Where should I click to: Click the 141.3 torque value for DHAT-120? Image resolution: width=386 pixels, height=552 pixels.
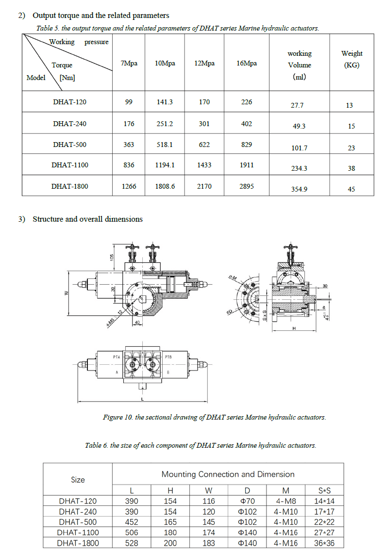point(165,102)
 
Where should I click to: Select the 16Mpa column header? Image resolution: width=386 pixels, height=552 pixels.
point(247,64)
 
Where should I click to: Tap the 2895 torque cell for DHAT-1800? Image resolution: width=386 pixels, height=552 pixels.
point(247,186)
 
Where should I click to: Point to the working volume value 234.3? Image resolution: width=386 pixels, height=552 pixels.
point(299,168)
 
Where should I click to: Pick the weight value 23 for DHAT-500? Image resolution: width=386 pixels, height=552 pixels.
point(351,147)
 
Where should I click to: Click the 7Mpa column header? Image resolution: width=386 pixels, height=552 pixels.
point(129,64)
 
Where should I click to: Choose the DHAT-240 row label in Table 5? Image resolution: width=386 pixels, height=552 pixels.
point(70,124)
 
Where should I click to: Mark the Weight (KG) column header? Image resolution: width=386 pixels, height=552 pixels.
point(352,59)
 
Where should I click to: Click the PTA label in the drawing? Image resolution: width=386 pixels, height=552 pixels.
point(117,357)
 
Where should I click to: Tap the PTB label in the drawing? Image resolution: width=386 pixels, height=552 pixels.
point(168,357)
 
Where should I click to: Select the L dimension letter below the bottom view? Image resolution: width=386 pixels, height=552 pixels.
point(142,398)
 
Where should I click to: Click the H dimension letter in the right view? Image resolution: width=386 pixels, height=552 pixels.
point(294,328)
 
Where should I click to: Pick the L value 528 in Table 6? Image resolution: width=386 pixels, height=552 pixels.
point(132,543)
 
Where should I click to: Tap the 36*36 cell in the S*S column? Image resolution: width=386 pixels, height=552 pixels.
point(324,543)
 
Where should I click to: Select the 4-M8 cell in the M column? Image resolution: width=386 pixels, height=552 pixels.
point(287,501)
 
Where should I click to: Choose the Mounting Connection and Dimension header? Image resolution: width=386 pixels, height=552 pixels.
point(228,474)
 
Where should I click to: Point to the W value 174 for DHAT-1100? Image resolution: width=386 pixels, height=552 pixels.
point(209,533)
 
